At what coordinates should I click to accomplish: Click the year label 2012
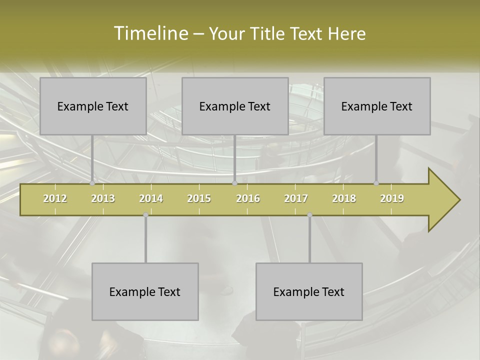pyautogui.click(x=55, y=198)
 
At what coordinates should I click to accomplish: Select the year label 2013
pyautogui.click(x=103, y=198)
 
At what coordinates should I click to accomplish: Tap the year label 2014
pyautogui.click(x=151, y=198)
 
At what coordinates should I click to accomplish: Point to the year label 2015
pyautogui.click(x=199, y=198)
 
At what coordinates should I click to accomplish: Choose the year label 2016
pyautogui.click(x=248, y=198)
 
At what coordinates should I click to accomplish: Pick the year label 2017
pyautogui.click(x=296, y=198)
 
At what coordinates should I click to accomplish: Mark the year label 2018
pyautogui.click(x=344, y=198)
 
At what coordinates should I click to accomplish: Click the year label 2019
pyautogui.click(x=392, y=198)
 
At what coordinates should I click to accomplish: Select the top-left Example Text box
pyautogui.click(x=93, y=106)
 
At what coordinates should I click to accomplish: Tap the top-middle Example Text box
pyautogui.click(x=235, y=106)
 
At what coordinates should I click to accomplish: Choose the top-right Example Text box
pyautogui.click(x=377, y=106)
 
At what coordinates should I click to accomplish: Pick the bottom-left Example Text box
pyautogui.click(x=145, y=291)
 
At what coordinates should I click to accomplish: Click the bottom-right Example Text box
pyautogui.click(x=309, y=291)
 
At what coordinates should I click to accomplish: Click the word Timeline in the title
pyautogui.click(x=150, y=33)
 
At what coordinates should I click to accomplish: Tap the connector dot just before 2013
pyautogui.click(x=92, y=183)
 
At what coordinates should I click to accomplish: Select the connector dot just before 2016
pyautogui.click(x=234, y=183)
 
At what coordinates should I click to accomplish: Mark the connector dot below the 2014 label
pyautogui.click(x=145, y=214)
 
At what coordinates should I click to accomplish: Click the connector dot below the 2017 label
pyautogui.click(x=309, y=214)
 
